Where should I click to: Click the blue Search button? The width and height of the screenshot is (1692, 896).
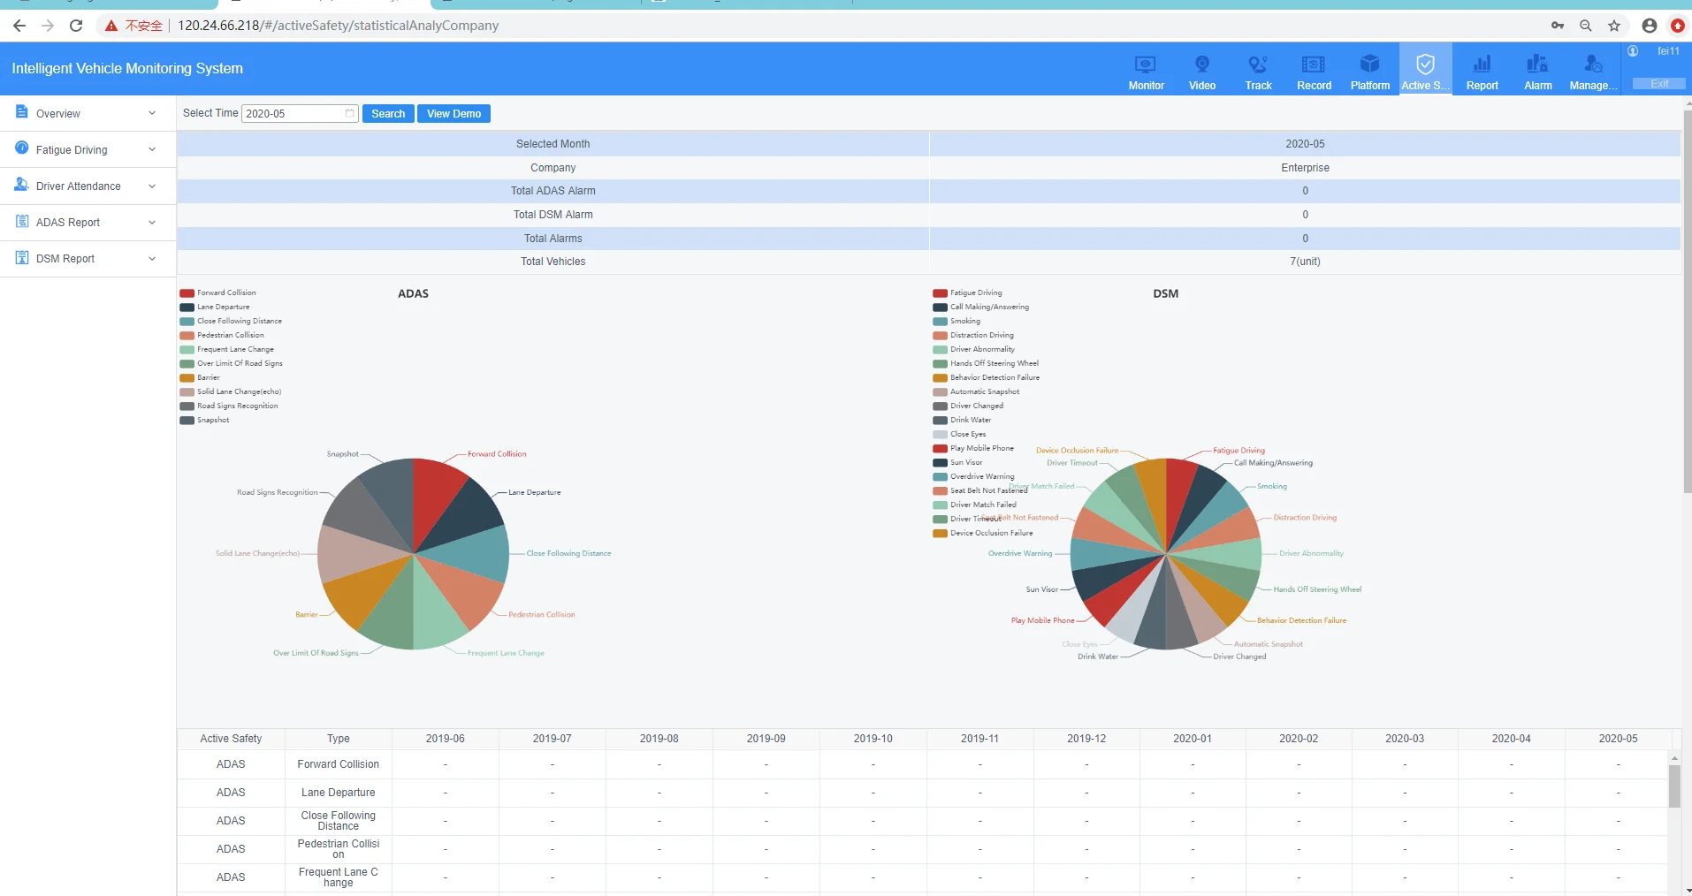(388, 114)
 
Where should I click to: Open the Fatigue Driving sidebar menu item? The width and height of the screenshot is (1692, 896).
(72, 150)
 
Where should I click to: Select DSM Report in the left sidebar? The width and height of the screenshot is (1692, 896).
(65, 259)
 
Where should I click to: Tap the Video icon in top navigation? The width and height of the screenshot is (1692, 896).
(1201, 71)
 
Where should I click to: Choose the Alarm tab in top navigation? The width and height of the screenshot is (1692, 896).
(1537, 71)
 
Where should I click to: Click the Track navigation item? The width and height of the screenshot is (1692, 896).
(1258, 71)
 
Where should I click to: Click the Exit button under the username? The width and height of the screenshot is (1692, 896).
(1658, 84)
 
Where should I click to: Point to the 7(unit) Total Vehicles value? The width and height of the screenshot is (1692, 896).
(1305, 262)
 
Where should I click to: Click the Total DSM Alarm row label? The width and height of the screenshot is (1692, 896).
(553, 215)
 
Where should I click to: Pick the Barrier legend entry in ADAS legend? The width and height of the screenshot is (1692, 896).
(208, 377)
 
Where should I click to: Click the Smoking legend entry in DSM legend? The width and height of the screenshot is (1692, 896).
(964, 321)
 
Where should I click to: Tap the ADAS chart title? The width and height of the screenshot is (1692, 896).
(413, 293)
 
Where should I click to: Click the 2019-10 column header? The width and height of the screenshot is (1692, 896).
(873, 739)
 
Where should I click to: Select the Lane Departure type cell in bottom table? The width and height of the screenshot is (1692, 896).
(338, 793)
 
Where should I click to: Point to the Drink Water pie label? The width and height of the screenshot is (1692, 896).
(1097, 657)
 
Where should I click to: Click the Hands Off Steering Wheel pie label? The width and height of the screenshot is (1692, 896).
(1317, 589)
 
